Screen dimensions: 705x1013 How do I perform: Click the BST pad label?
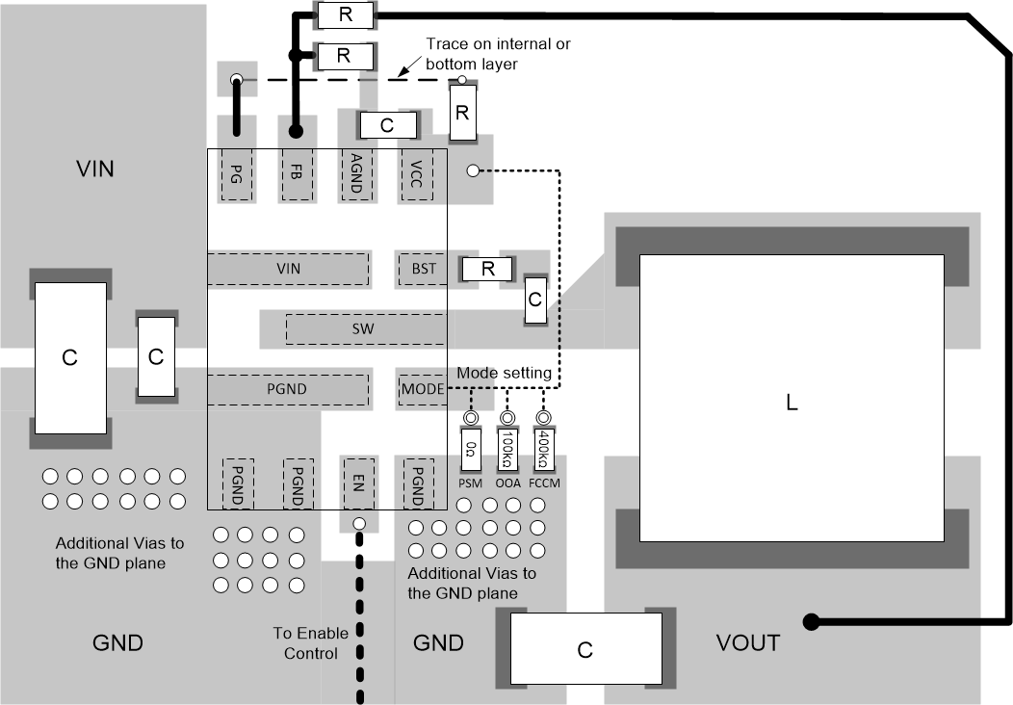coord(424,269)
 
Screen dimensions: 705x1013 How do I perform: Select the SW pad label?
coord(363,329)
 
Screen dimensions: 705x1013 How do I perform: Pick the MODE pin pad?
coord(423,390)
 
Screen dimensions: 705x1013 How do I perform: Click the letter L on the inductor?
coord(792,405)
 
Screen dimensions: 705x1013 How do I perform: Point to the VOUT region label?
coord(748,642)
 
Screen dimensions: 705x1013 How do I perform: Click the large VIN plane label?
coord(95,170)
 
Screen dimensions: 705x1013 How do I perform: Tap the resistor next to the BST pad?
coord(488,269)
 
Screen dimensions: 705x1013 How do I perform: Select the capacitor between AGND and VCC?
coord(387,125)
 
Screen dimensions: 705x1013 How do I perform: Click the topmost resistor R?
coord(344,14)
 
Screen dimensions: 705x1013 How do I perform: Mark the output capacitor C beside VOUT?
coord(585,650)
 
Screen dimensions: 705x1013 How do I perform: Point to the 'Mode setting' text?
coord(504,373)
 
